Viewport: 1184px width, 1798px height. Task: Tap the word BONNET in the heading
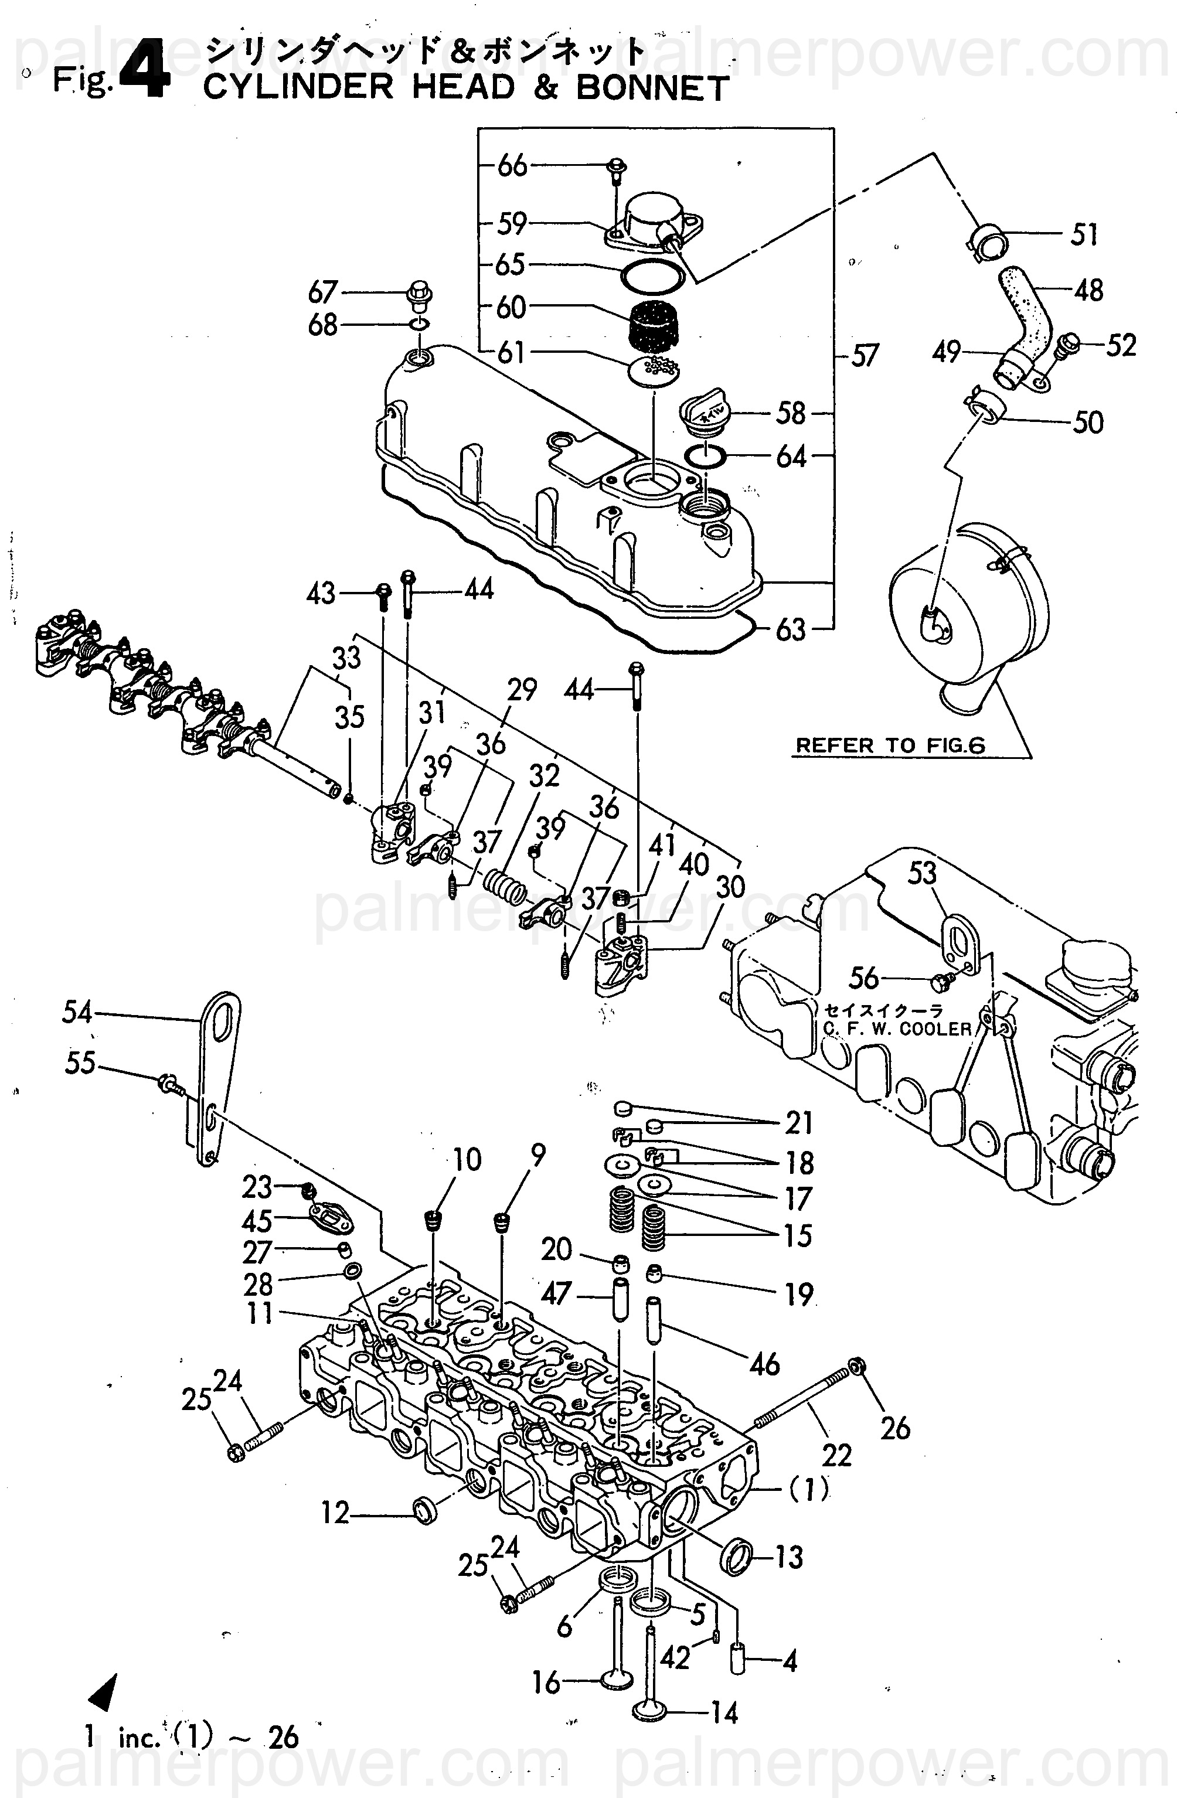click(x=653, y=88)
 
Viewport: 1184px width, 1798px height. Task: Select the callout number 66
click(x=512, y=165)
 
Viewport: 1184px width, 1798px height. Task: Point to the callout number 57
click(x=865, y=355)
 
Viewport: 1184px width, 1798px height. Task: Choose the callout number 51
click(x=1084, y=234)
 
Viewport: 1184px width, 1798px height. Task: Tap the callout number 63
click(x=790, y=629)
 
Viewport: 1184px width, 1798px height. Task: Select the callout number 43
click(x=321, y=593)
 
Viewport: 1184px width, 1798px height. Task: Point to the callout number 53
click(x=922, y=873)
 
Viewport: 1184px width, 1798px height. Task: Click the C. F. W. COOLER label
click(x=897, y=1029)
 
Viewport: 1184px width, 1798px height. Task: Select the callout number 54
click(x=77, y=1012)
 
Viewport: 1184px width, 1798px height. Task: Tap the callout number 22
click(x=836, y=1454)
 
